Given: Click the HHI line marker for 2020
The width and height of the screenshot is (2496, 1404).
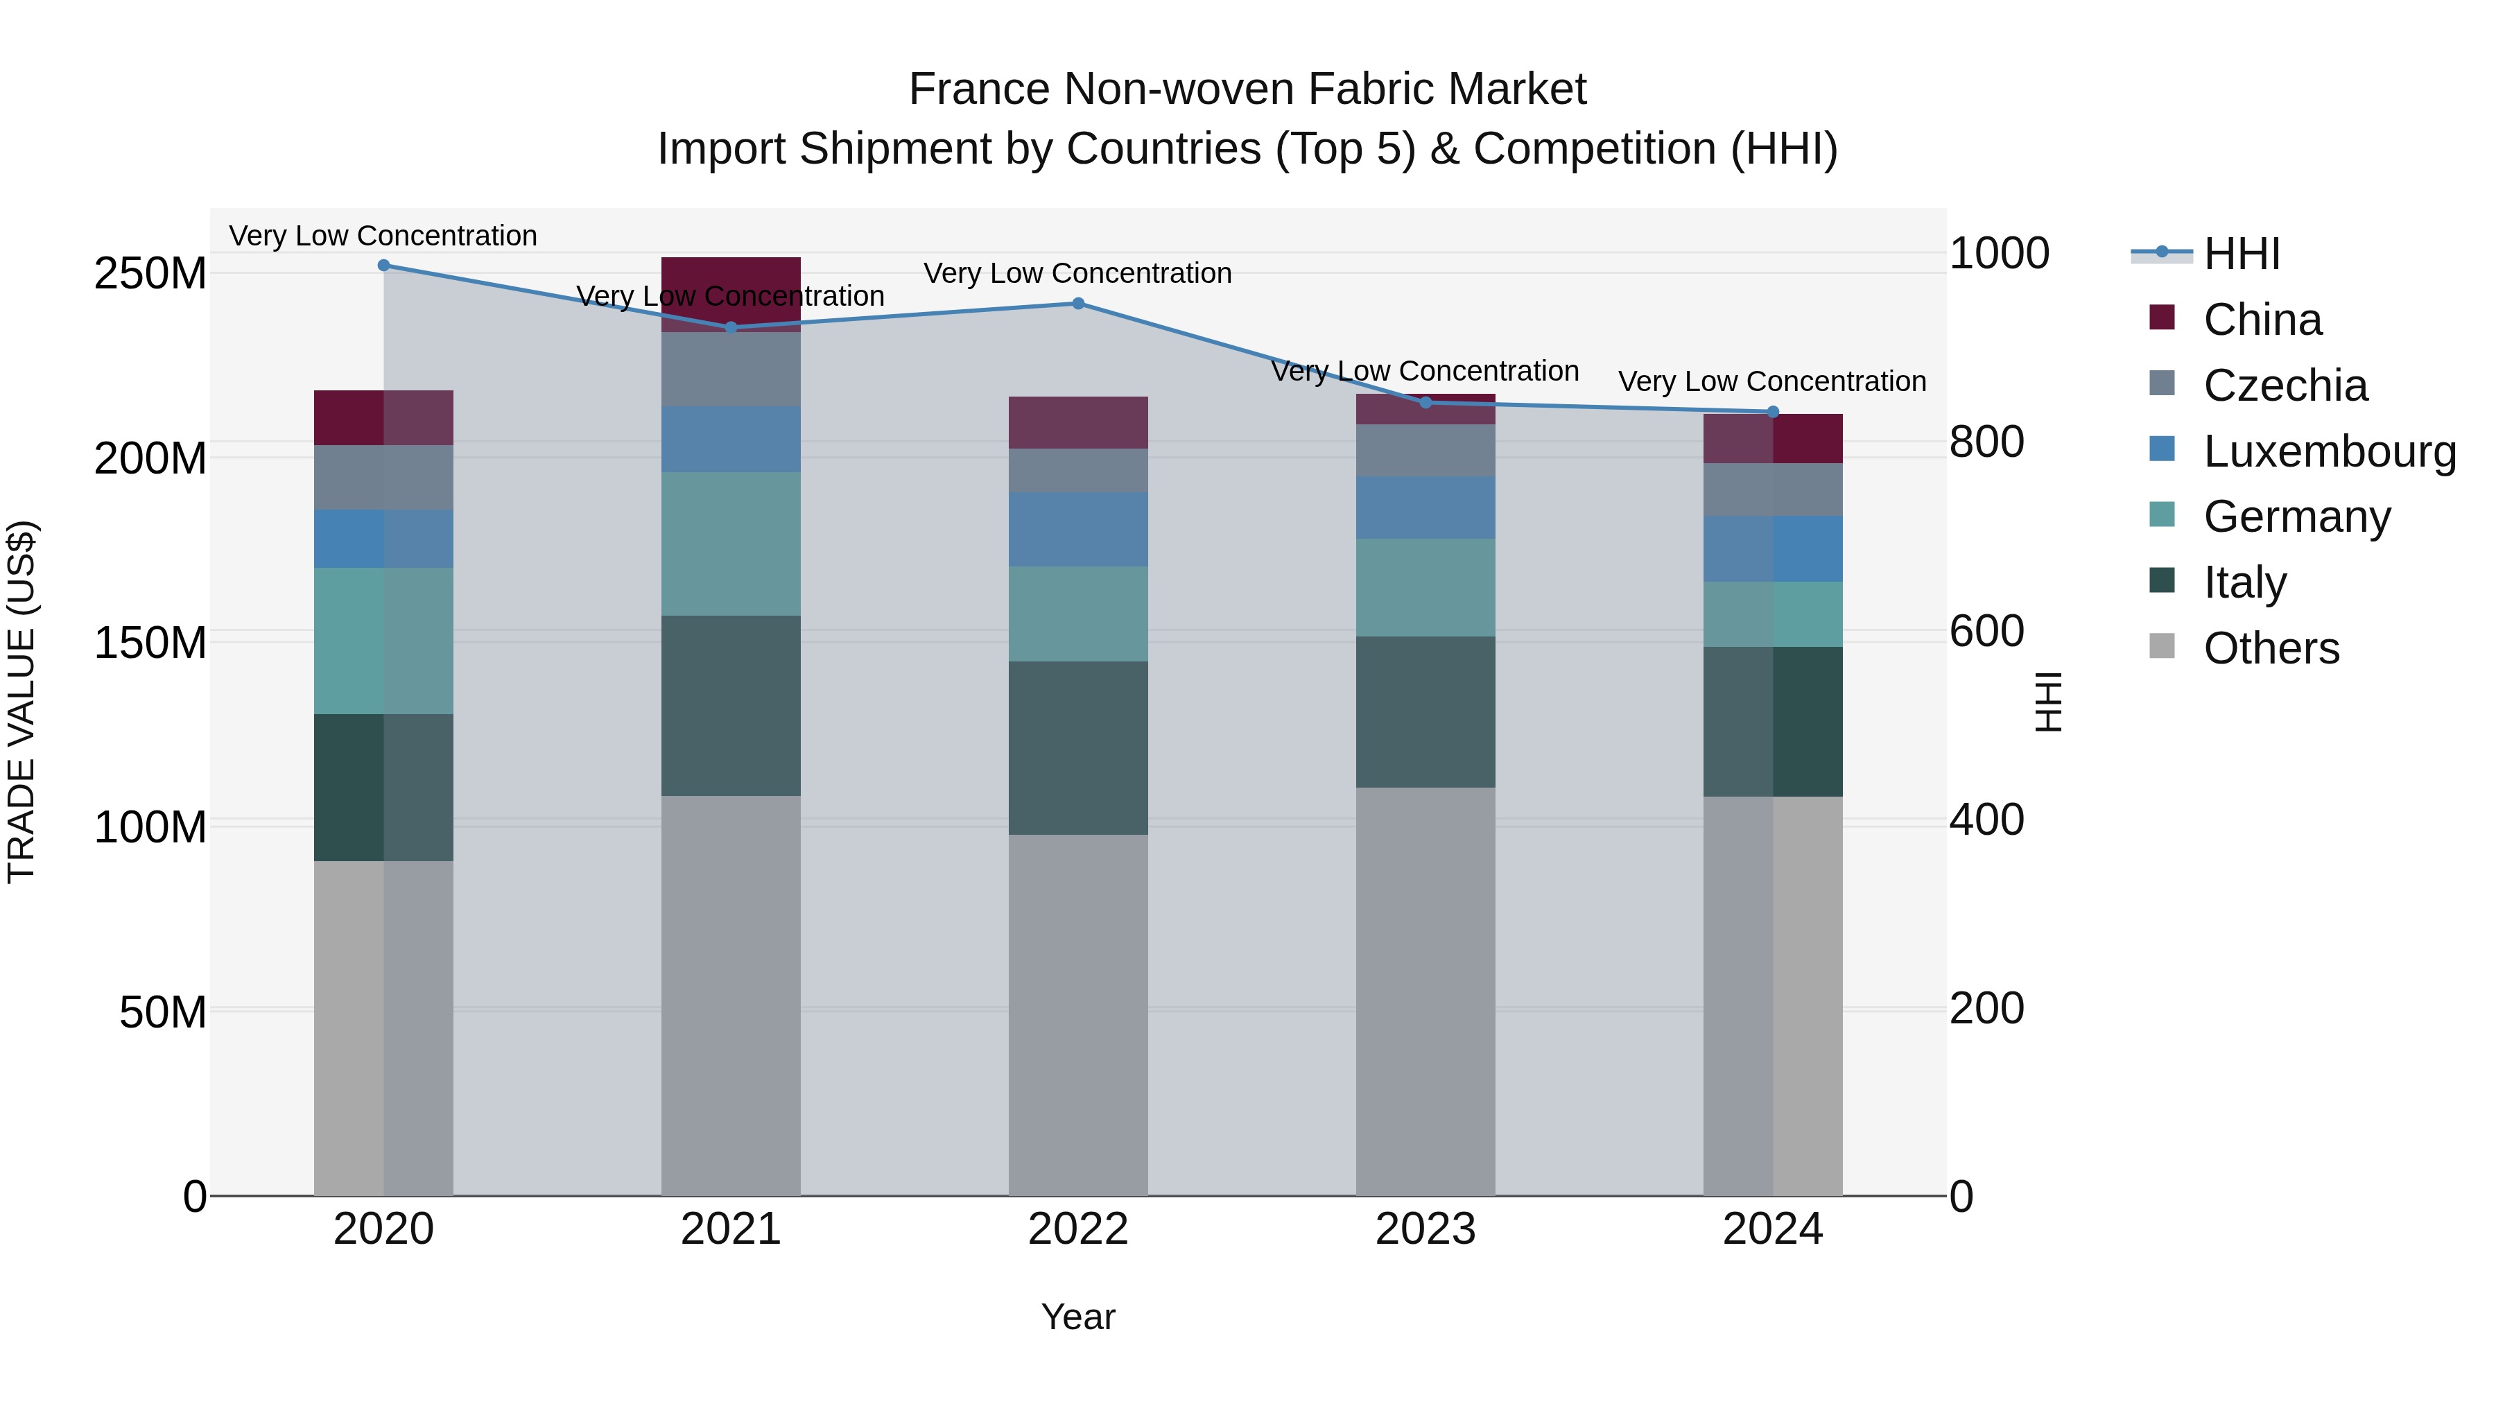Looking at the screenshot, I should click(x=383, y=265).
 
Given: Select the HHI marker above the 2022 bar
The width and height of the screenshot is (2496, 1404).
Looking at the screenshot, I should click(x=1077, y=303).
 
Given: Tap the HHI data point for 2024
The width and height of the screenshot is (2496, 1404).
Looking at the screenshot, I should click(x=1773, y=412).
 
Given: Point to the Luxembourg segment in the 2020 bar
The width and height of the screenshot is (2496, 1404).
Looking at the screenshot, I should click(x=383, y=539).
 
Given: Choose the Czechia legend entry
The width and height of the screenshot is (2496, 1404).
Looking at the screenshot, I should click(x=2285, y=385).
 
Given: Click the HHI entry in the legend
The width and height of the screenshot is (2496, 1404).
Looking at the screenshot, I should click(x=2241, y=254).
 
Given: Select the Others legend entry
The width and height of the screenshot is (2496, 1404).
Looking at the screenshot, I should click(x=2270, y=648).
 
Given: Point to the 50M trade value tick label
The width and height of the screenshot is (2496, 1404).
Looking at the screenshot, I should click(x=163, y=1012).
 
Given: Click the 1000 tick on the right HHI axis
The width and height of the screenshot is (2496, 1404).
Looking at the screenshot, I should click(x=1998, y=253).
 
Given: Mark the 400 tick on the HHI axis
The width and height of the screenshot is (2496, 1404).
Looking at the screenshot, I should click(x=1986, y=820).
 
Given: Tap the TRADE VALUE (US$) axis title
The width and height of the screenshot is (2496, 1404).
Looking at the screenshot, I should click(x=21, y=702).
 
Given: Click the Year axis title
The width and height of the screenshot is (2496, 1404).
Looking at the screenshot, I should click(x=1077, y=1317).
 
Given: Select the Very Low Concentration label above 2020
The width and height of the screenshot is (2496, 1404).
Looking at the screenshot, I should click(x=383, y=236).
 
